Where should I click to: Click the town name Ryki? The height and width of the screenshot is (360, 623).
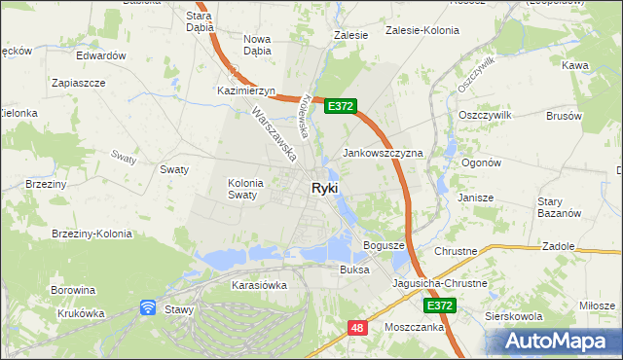325,189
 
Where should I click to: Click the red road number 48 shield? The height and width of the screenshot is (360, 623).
357,329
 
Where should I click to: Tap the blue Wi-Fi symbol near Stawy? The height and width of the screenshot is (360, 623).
148,307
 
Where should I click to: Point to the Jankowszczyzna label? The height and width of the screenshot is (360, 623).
383,154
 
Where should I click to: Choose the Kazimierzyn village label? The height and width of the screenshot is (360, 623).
247,90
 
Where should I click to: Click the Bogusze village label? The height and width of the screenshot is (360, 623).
383,245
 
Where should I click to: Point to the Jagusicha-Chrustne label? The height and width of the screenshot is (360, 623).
440,283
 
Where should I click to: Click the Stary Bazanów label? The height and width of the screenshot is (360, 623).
559,207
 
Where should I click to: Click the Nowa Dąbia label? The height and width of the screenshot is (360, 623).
257,45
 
